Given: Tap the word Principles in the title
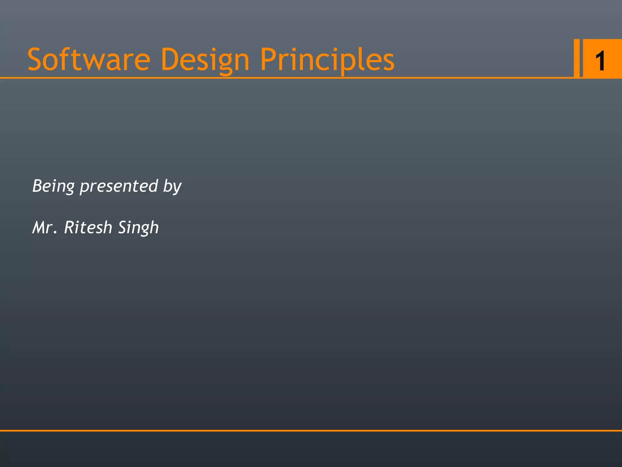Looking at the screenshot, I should point(327,60).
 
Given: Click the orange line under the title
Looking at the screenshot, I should point(273,78).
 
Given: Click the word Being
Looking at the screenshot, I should point(53,186).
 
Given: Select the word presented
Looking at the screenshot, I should point(119,186).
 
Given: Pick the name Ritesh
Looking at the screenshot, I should point(88,227).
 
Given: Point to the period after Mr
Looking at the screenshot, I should point(55,233).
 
